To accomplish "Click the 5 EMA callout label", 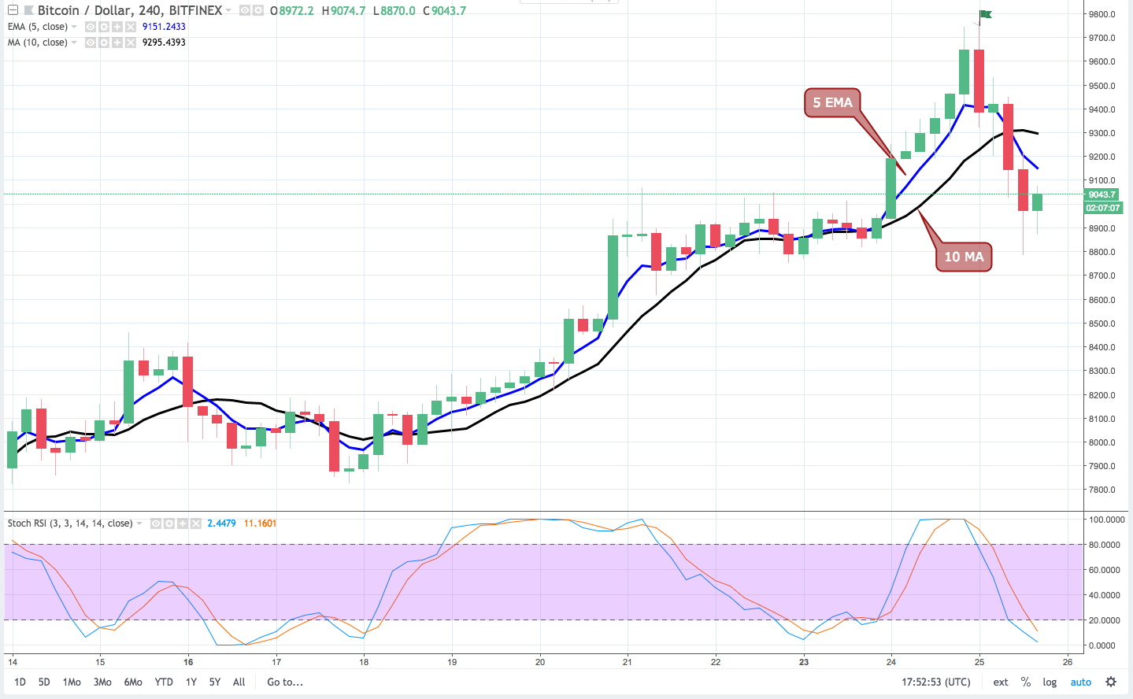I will pyautogui.click(x=832, y=102).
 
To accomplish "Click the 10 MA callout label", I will pyautogui.click(x=964, y=257).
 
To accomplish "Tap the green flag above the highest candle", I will pyautogui.click(x=985, y=14).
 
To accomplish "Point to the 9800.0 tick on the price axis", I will pyautogui.click(x=1102, y=14).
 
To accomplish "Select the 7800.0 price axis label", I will pyautogui.click(x=1102, y=490).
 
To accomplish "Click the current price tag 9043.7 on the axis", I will pyautogui.click(x=1102, y=194).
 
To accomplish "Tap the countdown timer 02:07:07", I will pyautogui.click(x=1102, y=208).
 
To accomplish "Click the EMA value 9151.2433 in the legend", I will pyautogui.click(x=164, y=27).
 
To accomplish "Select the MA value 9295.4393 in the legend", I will pyautogui.click(x=164, y=43).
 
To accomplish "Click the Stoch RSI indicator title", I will pyautogui.click(x=70, y=523).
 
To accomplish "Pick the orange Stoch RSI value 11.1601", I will pyautogui.click(x=260, y=523).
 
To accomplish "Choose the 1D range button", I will pyautogui.click(x=20, y=682).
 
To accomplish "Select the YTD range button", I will pyautogui.click(x=164, y=682).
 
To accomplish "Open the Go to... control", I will pyautogui.click(x=285, y=682).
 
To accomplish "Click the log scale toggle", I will pyautogui.click(x=1050, y=682).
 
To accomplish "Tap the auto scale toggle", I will pyautogui.click(x=1080, y=682).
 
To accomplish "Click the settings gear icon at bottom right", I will pyautogui.click(x=1111, y=682).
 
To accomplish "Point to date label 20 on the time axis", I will pyautogui.click(x=540, y=662).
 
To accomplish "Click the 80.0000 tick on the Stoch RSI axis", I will pyautogui.click(x=1105, y=545).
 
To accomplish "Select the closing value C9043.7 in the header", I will pyautogui.click(x=445, y=10).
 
